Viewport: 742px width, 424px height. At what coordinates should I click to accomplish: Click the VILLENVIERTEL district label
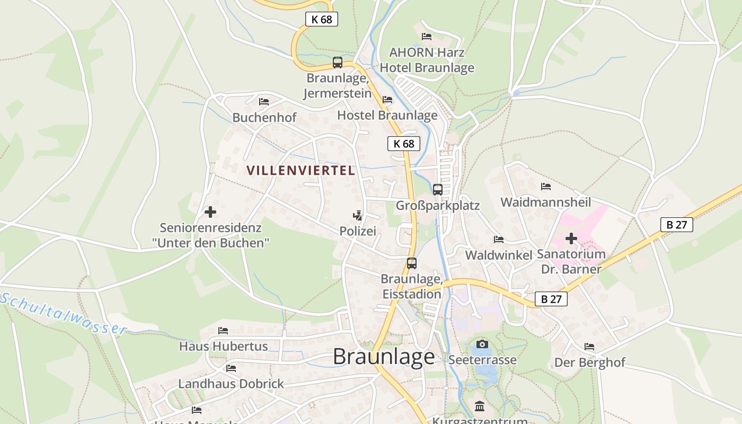coord(301,171)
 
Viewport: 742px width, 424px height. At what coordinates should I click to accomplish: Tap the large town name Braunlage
coord(384,357)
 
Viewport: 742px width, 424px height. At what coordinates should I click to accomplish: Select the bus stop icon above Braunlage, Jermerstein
coord(338,62)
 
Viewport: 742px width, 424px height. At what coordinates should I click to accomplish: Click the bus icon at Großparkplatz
coord(438,189)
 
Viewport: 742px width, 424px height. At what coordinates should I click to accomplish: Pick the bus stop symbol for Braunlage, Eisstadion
coord(411,263)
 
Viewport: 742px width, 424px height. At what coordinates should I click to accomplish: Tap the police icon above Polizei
coord(358,215)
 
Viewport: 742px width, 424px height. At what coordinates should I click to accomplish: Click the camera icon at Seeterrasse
coord(482,344)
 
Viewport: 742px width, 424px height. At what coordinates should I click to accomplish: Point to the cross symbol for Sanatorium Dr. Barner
coord(571,238)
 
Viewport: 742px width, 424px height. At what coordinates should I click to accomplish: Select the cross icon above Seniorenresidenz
coord(210,212)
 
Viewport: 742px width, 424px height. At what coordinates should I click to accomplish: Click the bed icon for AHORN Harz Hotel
coord(427,37)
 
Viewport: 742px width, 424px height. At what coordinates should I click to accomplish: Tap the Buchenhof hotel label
coord(264,118)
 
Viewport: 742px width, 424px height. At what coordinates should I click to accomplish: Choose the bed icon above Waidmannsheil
coord(545,187)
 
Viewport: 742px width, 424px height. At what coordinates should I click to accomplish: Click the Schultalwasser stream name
coord(64,314)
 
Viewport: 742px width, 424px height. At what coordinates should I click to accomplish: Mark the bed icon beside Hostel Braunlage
coord(387,100)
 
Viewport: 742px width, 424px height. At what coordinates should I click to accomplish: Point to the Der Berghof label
coord(589,363)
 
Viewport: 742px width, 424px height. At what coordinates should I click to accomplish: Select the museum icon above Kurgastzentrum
coord(480,406)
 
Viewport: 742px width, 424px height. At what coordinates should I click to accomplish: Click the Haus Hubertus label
coord(223,347)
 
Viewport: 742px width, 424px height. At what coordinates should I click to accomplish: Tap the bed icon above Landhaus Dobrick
coord(231,368)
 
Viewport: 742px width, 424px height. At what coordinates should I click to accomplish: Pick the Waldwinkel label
coord(498,255)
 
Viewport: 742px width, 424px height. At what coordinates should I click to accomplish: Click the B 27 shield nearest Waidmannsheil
coord(676,225)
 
